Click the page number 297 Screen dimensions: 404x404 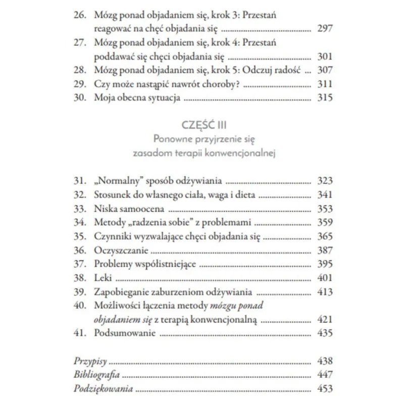pyautogui.click(x=324, y=28)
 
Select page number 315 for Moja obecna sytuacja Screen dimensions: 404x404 pyautogui.click(x=324, y=98)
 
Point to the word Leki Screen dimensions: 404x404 pyautogui.click(x=103, y=278)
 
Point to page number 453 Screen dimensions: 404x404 pyautogui.click(x=324, y=389)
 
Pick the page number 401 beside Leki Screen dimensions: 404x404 pyautogui.click(x=324, y=278)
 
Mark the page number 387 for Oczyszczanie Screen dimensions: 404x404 pyautogui.click(x=324, y=250)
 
